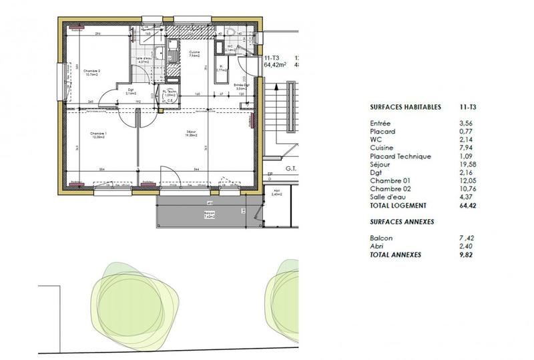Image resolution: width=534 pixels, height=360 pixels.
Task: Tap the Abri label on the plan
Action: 277,191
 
